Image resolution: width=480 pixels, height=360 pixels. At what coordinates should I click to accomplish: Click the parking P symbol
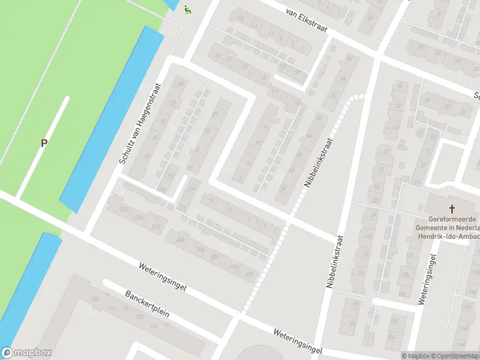pos(43,143)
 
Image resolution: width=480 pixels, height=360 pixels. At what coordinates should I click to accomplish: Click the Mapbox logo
pos(26,353)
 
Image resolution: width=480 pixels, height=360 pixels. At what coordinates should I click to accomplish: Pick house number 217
pos(157,227)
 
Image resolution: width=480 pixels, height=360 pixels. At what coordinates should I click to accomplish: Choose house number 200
pos(215,257)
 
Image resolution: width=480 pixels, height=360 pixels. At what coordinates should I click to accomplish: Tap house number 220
pos(122,208)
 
